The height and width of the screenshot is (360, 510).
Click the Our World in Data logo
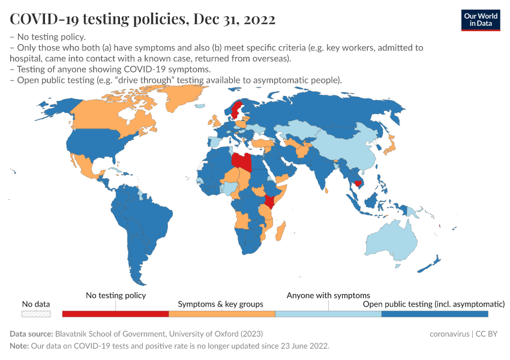point(481,19)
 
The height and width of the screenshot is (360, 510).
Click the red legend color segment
point(116,314)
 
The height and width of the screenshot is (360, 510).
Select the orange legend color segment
point(221,314)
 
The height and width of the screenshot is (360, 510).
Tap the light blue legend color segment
point(328,314)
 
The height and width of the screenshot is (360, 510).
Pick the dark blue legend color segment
point(434,314)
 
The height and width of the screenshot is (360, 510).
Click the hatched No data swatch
point(36,314)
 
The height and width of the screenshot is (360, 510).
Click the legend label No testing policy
point(116,295)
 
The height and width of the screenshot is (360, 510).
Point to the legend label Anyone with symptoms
point(328,295)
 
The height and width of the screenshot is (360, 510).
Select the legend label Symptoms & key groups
point(221,304)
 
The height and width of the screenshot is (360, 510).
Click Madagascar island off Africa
point(279,230)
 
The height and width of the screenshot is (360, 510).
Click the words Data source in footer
point(31,334)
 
